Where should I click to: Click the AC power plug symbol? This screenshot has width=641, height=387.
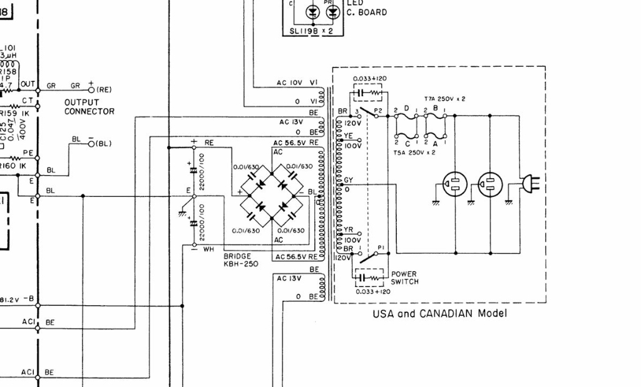(531, 184)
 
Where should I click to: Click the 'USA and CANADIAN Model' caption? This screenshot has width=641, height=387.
(439, 313)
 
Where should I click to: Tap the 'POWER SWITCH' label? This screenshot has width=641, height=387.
(404, 278)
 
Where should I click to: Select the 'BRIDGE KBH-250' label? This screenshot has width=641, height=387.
(241, 260)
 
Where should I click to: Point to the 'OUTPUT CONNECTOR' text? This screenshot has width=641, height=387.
(89, 107)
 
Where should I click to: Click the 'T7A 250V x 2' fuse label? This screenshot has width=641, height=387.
(444, 99)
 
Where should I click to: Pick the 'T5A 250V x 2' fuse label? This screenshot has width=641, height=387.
(415, 153)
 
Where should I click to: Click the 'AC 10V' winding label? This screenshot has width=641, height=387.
(290, 83)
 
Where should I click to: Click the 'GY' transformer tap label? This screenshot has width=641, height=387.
(348, 180)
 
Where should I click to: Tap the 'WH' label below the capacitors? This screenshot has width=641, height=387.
(208, 249)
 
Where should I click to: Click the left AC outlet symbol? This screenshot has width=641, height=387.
(454, 184)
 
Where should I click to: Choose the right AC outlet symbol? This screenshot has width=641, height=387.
(490, 184)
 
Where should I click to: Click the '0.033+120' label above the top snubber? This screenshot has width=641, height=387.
(369, 79)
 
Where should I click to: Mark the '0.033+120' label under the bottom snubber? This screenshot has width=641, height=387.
(372, 291)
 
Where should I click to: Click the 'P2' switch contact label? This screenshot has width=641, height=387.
(377, 111)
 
